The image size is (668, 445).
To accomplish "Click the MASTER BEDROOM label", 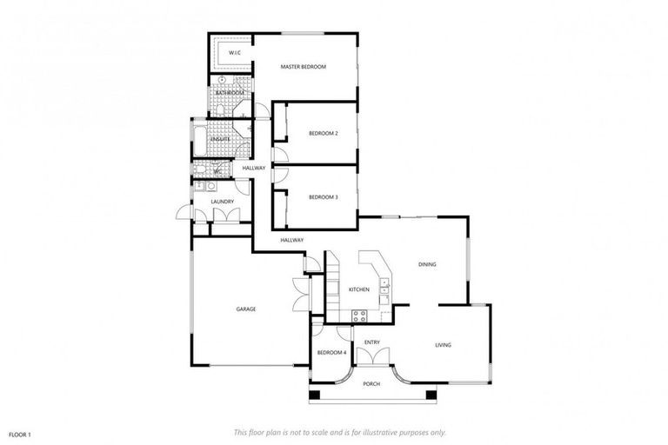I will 303,66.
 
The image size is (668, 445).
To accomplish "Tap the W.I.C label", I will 234,53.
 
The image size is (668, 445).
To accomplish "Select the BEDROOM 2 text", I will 323,133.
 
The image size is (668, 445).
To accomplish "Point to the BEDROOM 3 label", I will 323,197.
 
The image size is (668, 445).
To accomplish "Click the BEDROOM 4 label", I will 331,352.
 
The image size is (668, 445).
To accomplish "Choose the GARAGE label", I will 245,309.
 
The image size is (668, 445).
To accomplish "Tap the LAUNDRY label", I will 222,203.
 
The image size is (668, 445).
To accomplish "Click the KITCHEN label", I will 359,289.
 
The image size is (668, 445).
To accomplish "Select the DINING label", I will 427,264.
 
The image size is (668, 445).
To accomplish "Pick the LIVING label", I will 443,345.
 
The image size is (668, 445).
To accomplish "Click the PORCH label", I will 371,383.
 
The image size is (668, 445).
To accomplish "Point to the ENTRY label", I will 371,342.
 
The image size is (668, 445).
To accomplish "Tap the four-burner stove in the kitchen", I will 357,313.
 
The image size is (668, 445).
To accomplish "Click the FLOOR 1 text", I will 20,433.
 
